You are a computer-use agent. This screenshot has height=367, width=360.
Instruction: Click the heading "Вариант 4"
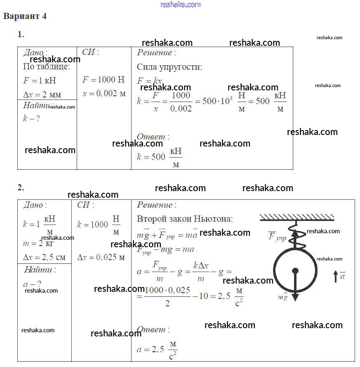(x=25, y=17)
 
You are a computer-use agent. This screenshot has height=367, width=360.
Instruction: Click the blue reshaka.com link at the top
(x=180, y=5)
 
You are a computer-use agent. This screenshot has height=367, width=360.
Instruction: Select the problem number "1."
(x=21, y=35)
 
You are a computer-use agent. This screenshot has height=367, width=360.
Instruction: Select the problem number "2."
(x=21, y=187)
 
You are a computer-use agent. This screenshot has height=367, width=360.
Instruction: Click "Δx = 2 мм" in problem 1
(x=42, y=95)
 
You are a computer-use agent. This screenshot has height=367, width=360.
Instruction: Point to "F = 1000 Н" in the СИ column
(x=103, y=80)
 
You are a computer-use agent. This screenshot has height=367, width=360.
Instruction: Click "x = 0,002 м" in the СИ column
(x=104, y=94)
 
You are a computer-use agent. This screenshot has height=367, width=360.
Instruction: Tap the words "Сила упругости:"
(x=169, y=67)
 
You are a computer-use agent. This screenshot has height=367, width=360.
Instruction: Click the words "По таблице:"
(x=47, y=67)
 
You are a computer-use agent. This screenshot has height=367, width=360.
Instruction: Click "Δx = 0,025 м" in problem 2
(x=101, y=257)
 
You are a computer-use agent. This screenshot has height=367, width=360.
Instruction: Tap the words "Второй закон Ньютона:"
(x=185, y=219)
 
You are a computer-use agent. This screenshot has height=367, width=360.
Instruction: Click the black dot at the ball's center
(x=295, y=271)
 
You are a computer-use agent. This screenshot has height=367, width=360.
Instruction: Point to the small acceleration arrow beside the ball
(x=336, y=276)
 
